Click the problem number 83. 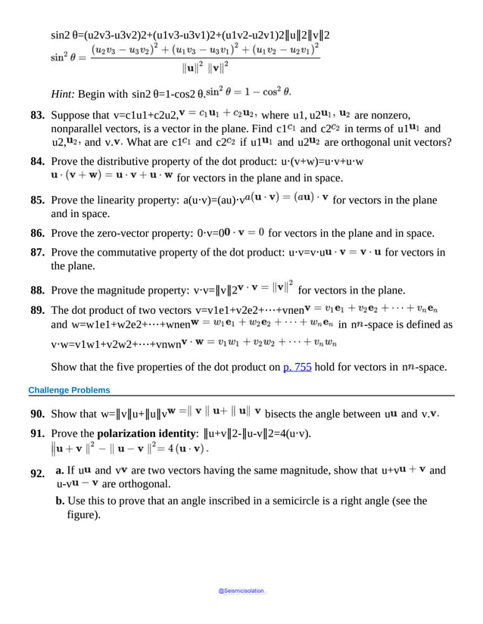point(37,116)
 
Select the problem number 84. point(37,162)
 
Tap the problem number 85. point(37,200)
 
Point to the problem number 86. point(37,233)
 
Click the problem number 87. point(37,252)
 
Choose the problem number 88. point(37,290)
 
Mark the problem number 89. point(37,310)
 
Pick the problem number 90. point(37,414)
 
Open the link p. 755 point(297,368)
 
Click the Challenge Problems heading point(69,390)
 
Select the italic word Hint point(65,94)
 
